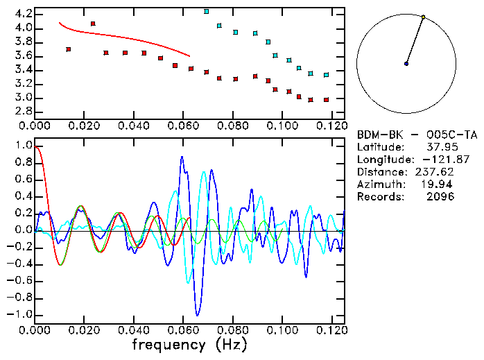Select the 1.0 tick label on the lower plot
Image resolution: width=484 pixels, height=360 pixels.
coord(22,146)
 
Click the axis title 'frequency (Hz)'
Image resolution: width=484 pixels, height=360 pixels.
coord(189,344)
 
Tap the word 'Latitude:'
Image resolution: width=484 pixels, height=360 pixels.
coord(381,147)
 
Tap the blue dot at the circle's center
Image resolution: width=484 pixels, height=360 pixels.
coord(406,64)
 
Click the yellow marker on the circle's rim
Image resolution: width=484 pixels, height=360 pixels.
coord(423,17)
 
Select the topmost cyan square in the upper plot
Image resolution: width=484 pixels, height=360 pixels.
coord(207,12)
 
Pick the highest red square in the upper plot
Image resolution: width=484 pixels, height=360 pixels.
coord(93,24)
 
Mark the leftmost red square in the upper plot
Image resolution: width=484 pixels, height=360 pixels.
coord(68,49)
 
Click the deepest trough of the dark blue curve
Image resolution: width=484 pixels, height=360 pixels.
coord(198,315)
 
